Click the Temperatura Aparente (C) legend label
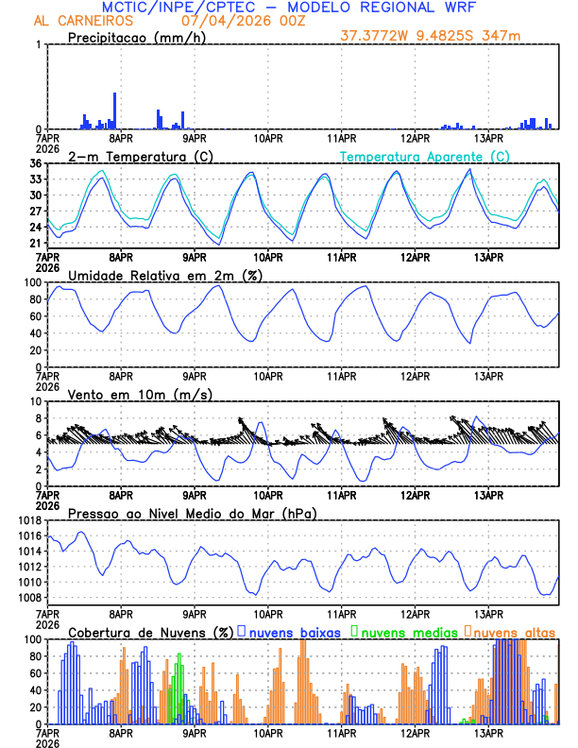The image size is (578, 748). (424, 156)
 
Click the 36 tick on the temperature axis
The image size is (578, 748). (35, 163)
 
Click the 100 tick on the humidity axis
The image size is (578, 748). (31, 282)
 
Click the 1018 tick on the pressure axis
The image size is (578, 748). (27, 520)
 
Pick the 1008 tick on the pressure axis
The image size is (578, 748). (27, 597)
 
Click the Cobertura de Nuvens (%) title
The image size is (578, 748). (150, 632)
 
